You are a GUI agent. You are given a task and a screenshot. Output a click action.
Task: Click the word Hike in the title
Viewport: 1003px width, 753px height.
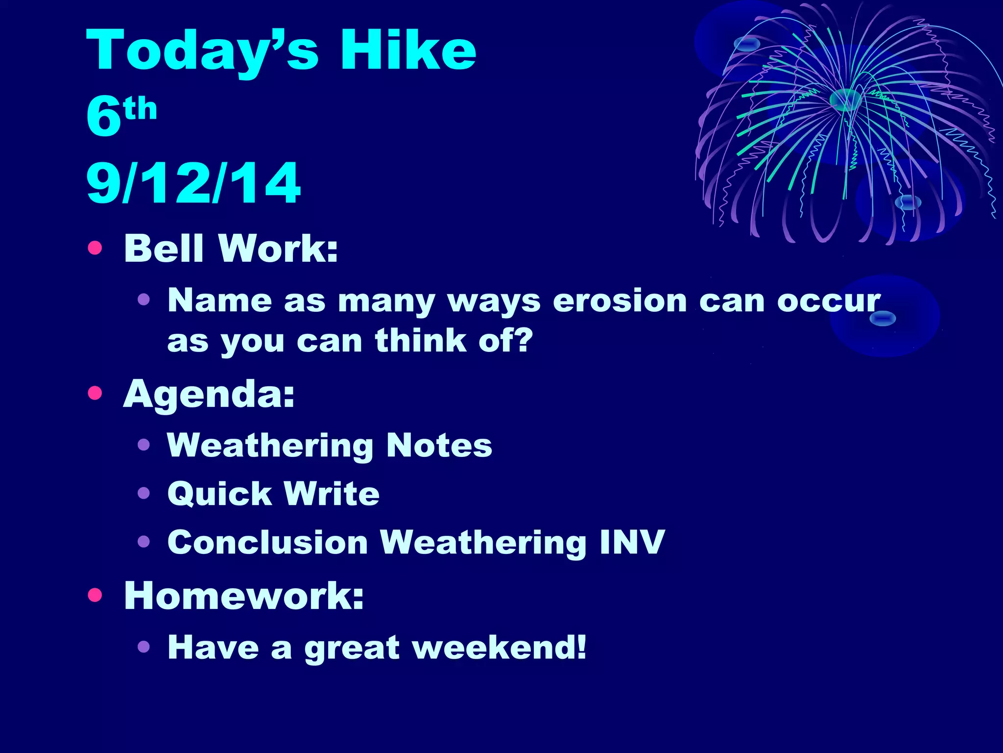point(408,50)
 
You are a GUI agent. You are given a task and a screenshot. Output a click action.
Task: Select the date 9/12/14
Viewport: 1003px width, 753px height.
point(193,183)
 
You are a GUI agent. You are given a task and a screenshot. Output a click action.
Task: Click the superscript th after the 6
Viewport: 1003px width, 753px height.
point(141,109)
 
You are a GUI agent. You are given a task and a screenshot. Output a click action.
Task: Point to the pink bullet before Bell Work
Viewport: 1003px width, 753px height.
point(95,248)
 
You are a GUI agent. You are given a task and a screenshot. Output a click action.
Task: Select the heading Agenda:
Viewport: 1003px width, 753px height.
point(209,394)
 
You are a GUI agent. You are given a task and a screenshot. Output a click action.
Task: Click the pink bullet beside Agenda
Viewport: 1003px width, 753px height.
point(95,393)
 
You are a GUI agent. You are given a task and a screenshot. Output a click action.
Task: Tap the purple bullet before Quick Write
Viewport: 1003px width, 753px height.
point(143,493)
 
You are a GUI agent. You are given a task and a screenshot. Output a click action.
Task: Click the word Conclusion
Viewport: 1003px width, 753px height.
point(267,543)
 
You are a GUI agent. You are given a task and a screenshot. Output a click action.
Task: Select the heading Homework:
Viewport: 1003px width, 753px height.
point(244,596)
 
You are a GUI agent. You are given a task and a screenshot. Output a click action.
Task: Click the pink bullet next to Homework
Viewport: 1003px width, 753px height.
point(95,595)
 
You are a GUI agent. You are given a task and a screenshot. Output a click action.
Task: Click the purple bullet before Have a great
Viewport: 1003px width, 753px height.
point(143,647)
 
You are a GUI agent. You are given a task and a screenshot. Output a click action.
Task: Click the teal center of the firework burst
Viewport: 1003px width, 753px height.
point(845,100)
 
